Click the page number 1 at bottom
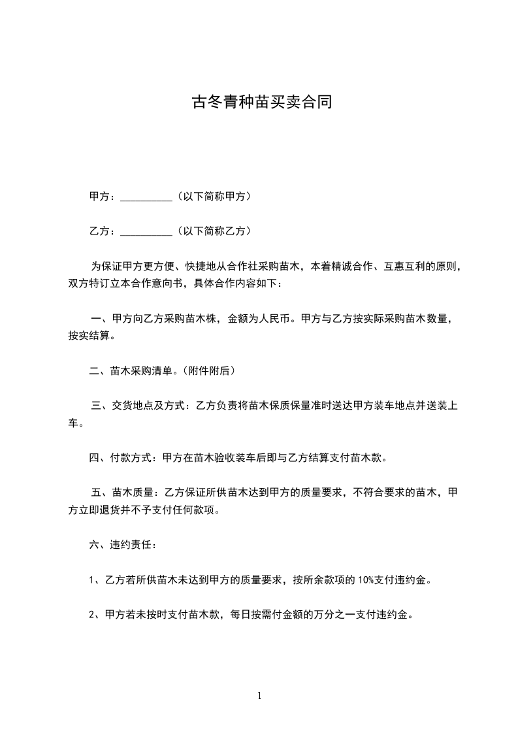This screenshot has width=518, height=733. coord(259,696)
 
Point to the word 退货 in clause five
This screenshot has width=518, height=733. coord(129,510)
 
